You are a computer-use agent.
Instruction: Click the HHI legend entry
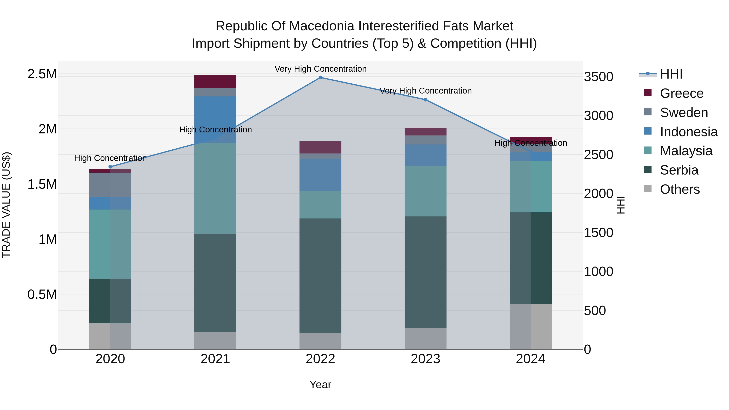click(671, 75)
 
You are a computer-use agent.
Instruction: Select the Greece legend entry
click(681, 93)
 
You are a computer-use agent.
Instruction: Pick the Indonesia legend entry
click(688, 132)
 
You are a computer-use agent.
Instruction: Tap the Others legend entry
click(679, 189)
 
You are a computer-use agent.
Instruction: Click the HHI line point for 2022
click(320, 78)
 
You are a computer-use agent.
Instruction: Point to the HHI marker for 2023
click(425, 100)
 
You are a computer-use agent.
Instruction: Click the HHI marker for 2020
click(110, 167)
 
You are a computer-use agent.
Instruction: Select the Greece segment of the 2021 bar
click(215, 81)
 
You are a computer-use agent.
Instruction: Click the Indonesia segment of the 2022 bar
click(320, 175)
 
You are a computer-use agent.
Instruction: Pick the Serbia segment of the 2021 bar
click(215, 283)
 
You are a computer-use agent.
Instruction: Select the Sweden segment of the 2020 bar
click(110, 185)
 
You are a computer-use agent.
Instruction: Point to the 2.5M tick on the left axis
click(42, 74)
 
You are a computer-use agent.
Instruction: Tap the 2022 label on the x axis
click(320, 359)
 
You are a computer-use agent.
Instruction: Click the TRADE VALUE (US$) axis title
click(6, 205)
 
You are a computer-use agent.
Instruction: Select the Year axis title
click(320, 384)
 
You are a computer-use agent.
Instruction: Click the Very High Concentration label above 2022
click(320, 69)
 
